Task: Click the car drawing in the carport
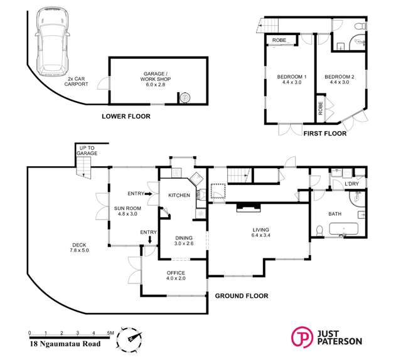pyautogui.click(x=53, y=41)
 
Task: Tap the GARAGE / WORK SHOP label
pyautogui.click(x=156, y=79)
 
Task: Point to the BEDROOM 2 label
pyautogui.click(x=340, y=79)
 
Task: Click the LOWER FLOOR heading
pyautogui.click(x=126, y=116)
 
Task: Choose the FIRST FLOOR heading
pyautogui.click(x=325, y=134)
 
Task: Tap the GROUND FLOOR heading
pyautogui.click(x=242, y=296)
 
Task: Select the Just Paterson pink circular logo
pyautogui.click(x=302, y=337)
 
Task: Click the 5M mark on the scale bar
pyautogui.click(x=110, y=333)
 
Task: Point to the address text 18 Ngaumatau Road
pyautogui.click(x=65, y=344)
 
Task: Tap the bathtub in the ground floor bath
pyautogui.click(x=343, y=229)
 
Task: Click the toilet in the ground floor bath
pyautogui.click(x=319, y=231)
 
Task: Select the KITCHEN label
pyautogui.click(x=179, y=195)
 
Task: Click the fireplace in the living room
pyautogui.click(x=249, y=207)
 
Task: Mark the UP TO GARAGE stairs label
pyautogui.click(x=87, y=151)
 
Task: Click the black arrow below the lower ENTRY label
pyautogui.click(x=150, y=240)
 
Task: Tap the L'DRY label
pyautogui.click(x=351, y=184)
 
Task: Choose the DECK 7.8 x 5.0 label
pyautogui.click(x=79, y=248)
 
